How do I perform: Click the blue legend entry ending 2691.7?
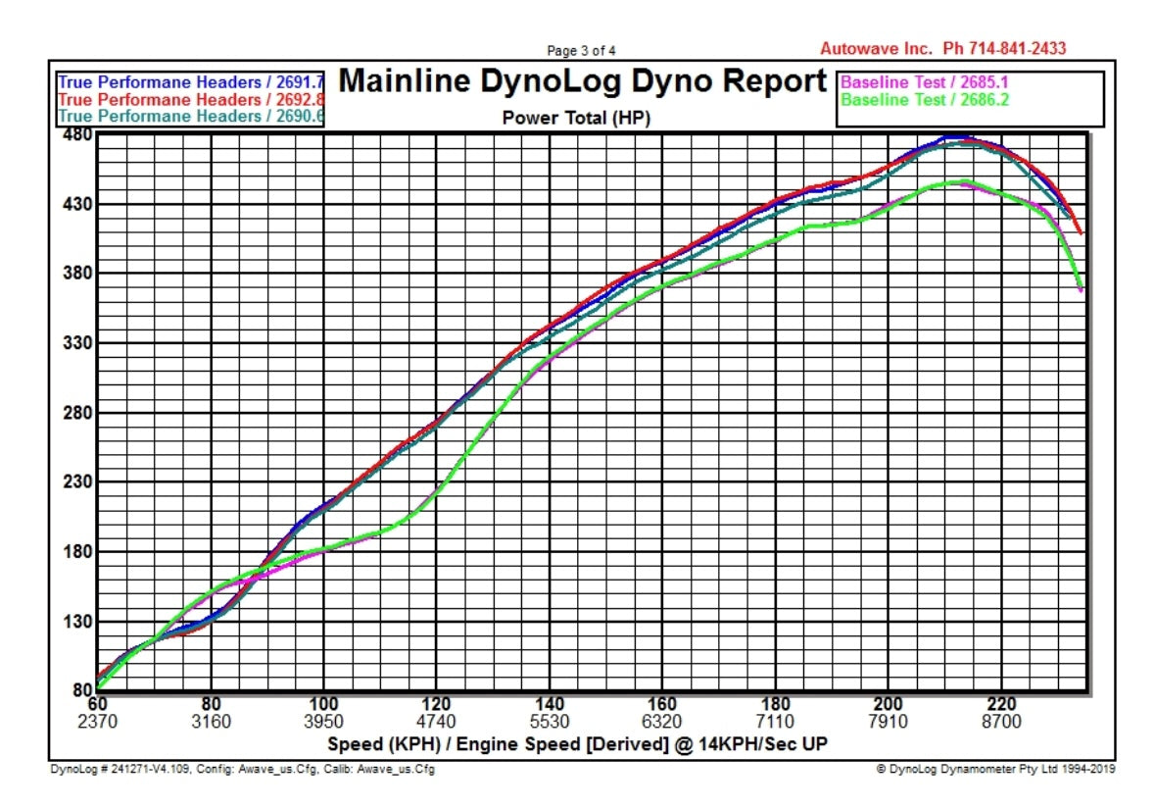191,83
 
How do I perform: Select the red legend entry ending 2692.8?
191,99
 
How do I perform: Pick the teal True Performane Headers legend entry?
191,116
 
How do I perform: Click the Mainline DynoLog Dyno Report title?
582,81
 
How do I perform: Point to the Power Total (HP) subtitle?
576,118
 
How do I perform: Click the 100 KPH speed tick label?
323,704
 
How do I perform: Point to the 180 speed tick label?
775,704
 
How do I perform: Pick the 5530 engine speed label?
550,722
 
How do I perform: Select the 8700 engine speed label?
1001,722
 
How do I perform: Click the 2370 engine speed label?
98,722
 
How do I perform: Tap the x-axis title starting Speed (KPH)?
577,743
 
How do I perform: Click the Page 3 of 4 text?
581,51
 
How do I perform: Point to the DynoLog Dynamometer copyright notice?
995,769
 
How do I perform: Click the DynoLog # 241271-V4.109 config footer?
242,769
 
